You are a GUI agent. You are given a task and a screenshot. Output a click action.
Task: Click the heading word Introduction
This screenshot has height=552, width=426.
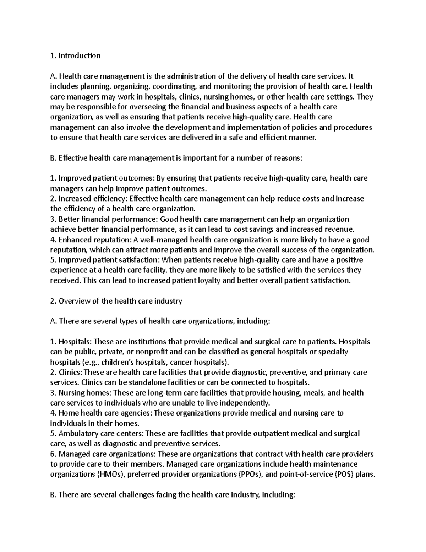pyautogui.click(x=80, y=55)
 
